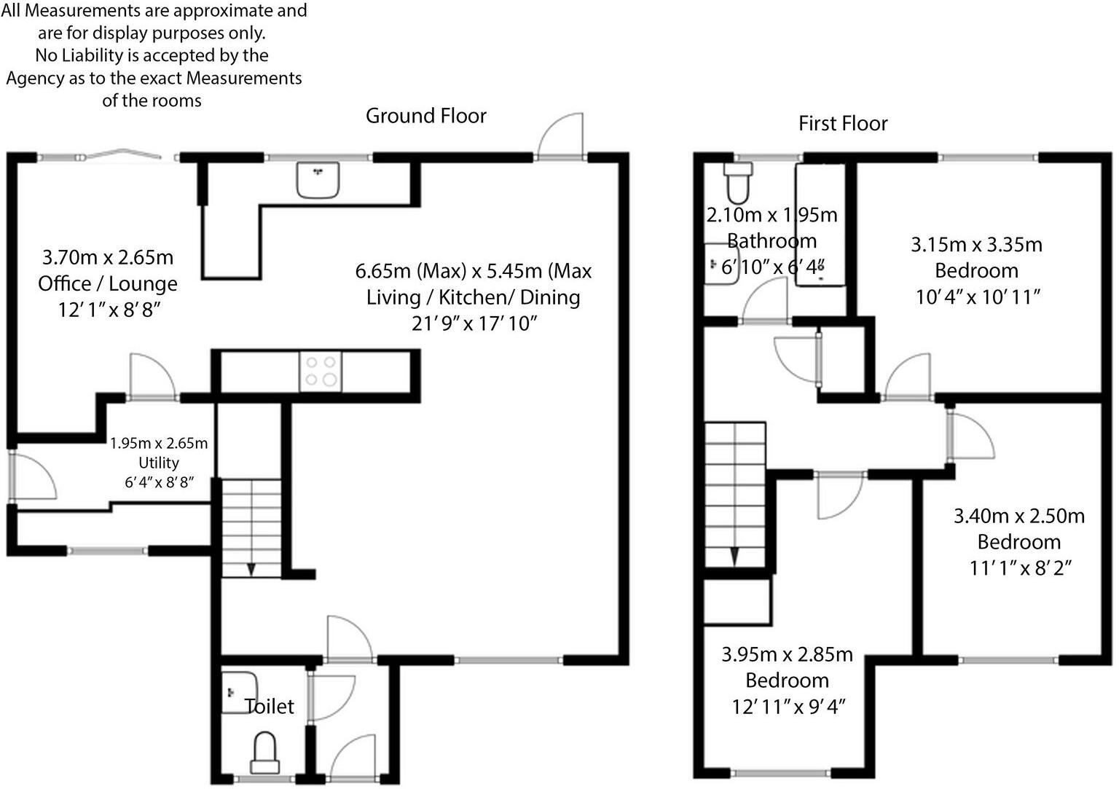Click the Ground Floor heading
(x=425, y=116)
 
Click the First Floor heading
(x=843, y=123)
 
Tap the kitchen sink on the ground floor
(x=318, y=179)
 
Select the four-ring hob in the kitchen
(x=320, y=371)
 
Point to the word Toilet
(x=270, y=706)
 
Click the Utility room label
(x=159, y=463)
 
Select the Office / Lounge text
(x=108, y=283)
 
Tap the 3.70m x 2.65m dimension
(x=108, y=257)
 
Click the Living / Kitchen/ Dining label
(x=473, y=297)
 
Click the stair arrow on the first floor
(x=734, y=557)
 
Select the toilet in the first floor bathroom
(x=737, y=182)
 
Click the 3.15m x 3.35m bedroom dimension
(x=976, y=244)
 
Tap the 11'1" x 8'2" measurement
(x=1018, y=568)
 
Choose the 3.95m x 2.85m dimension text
(x=787, y=654)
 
